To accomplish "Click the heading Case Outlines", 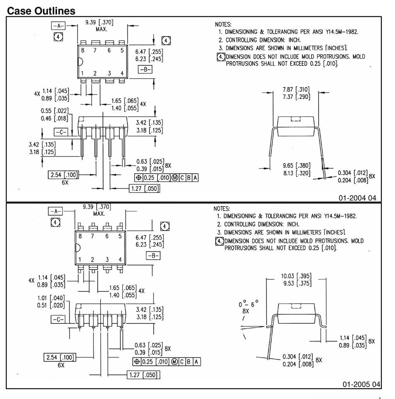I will [41, 11].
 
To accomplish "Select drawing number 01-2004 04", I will [357, 198].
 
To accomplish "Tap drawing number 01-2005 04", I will [361, 384].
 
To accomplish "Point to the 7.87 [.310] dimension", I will [296, 89].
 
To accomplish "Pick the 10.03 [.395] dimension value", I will [296, 276].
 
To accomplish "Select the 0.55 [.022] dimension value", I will [55, 111].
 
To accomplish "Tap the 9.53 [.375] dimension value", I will [296, 284].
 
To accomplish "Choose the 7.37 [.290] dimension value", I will [296, 97].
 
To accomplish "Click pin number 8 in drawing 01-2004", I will [83, 51].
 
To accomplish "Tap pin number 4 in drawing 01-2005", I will [120, 259].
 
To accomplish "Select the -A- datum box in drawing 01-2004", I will [59, 26].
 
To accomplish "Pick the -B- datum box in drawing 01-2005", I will [153, 256].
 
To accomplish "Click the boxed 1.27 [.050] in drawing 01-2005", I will [144, 375].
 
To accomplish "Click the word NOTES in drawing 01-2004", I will [223, 24].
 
